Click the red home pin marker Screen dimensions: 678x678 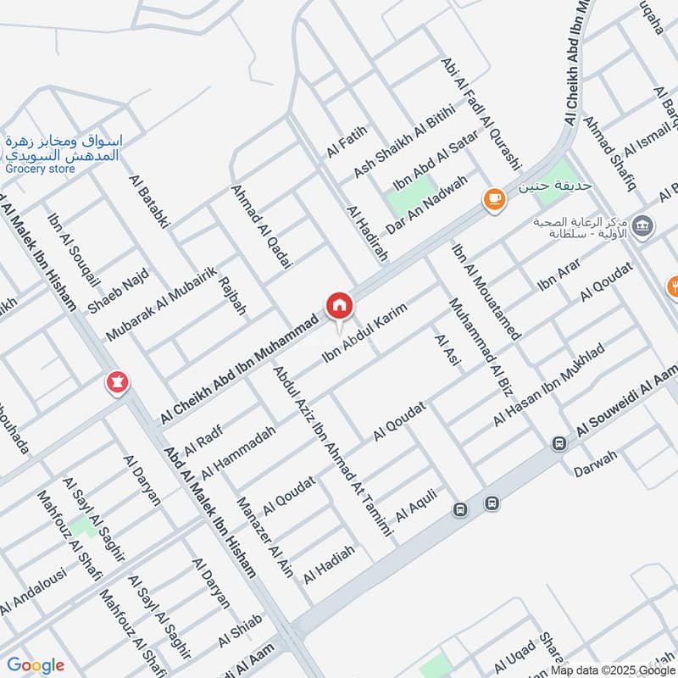[338, 305]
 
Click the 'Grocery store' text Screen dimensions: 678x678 [39, 169]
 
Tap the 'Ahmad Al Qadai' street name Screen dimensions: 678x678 [261, 226]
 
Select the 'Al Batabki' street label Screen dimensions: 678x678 [150, 201]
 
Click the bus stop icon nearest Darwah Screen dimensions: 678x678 [559, 443]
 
